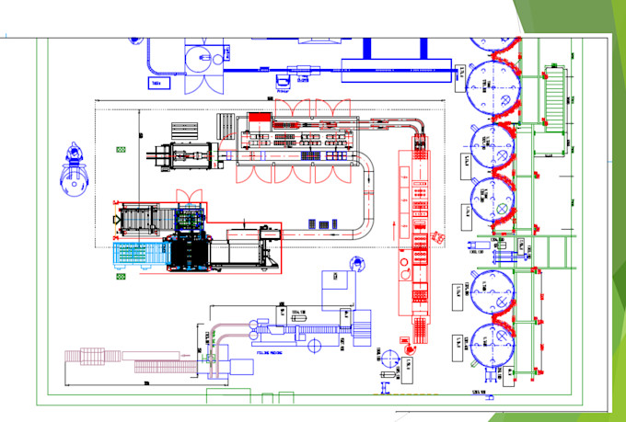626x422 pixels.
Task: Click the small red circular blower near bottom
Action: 388,356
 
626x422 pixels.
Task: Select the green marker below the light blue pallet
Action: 118,276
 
